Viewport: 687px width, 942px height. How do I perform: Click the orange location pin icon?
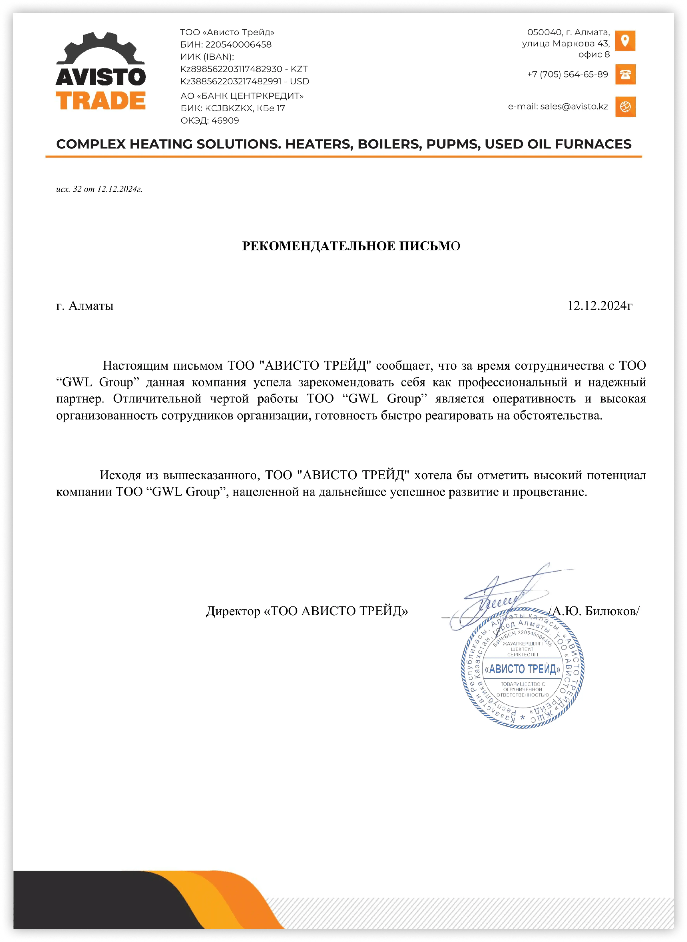point(625,41)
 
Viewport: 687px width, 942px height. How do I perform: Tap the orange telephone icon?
point(625,74)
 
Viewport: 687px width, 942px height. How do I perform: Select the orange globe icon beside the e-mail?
point(625,107)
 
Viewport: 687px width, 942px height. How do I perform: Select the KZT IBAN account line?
point(244,69)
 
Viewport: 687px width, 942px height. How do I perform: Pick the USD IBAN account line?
point(245,81)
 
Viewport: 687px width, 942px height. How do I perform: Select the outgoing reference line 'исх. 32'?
point(99,189)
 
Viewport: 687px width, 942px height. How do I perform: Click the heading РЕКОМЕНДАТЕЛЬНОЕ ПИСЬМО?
point(351,246)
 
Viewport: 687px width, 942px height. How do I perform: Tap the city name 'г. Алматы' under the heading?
point(85,306)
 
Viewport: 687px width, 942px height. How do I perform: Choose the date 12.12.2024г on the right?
point(600,306)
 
